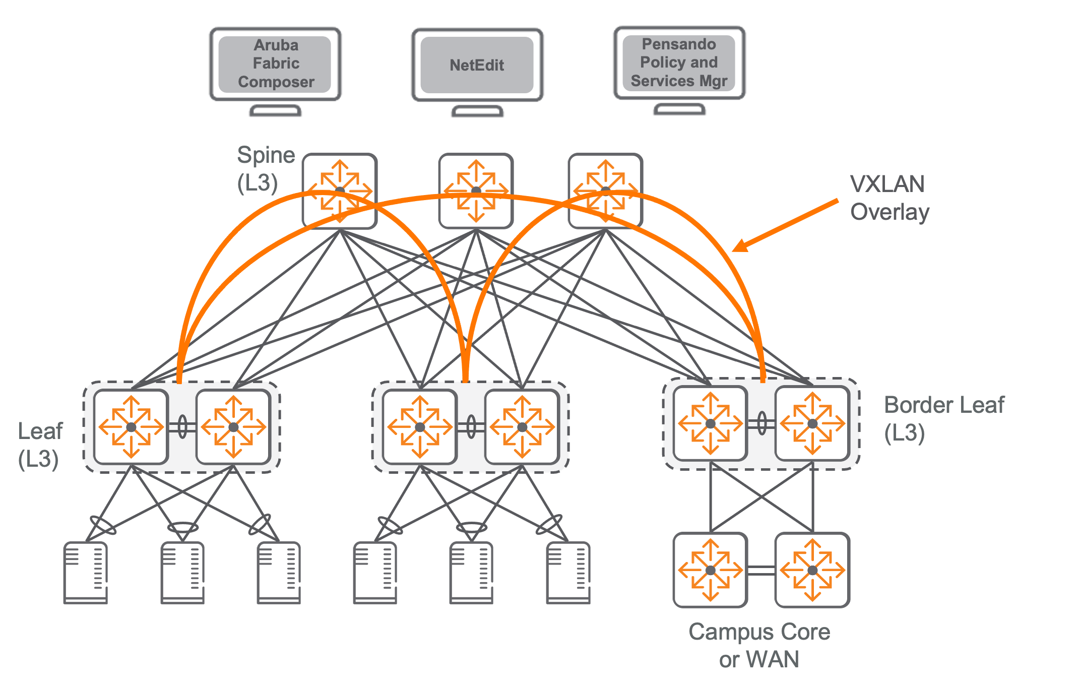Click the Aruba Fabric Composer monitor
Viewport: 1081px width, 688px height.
click(x=275, y=64)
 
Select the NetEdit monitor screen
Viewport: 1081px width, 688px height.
click(x=477, y=65)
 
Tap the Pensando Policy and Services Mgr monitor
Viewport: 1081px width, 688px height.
click(x=679, y=62)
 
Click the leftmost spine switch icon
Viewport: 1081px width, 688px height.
click(x=340, y=191)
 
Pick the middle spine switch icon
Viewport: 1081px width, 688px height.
click(x=476, y=191)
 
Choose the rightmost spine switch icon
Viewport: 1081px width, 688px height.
click(x=605, y=191)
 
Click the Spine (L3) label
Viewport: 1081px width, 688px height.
click(x=265, y=169)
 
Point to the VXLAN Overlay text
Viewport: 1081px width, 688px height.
click(x=889, y=198)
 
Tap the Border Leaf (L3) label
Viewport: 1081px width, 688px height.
click(x=943, y=418)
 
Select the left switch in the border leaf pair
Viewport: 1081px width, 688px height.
click(x=710, y=424)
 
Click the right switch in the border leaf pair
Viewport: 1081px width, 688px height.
click(x=812, y=424)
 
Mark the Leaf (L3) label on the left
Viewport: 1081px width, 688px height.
click(x=40, y=445)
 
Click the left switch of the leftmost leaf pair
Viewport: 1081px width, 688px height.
click(x=131, y=427)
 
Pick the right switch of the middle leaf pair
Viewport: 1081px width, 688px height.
click(x=522, y=427)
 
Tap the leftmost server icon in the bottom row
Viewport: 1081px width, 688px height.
click(x=86, y=573)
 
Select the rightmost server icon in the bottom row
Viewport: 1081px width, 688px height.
click(x=568, y=573)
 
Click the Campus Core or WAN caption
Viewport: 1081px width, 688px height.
click(x=759, y=645)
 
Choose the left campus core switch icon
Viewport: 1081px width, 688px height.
click(x=710, y=570)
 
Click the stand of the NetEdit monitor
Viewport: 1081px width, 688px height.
click(x=477, y=111)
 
